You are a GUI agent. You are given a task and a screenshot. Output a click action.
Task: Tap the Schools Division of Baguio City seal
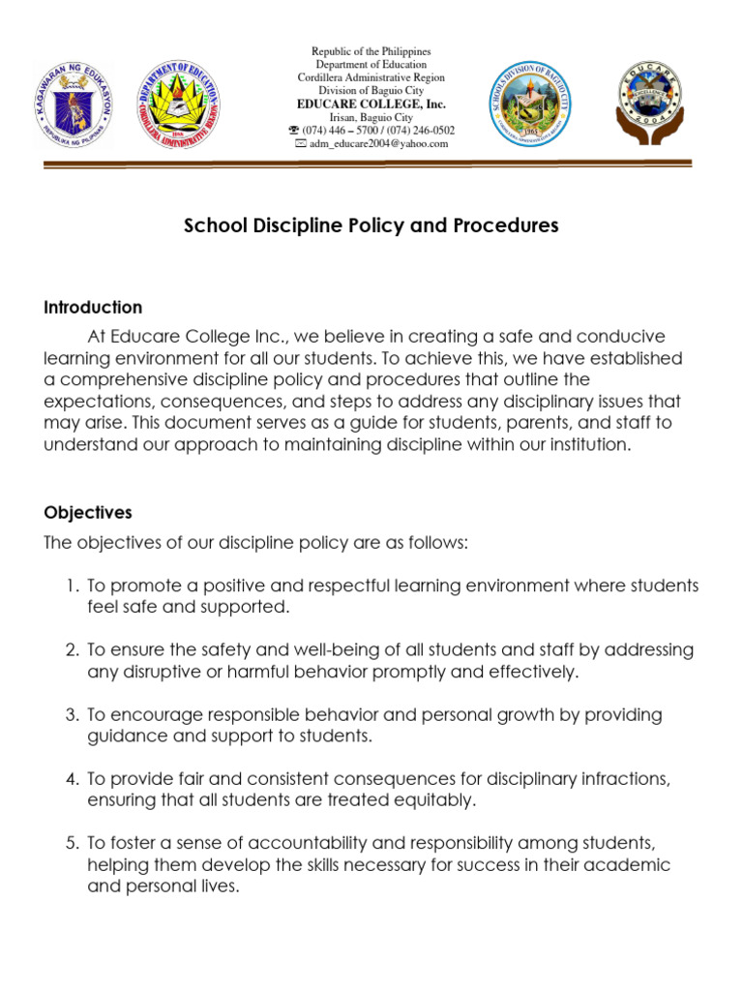tap(535, 104)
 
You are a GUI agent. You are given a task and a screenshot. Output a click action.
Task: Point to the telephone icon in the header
tap(294, 131)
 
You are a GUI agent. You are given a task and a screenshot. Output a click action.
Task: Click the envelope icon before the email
tap(300, 144)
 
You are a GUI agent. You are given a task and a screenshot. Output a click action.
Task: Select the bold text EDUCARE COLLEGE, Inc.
tap(371, 104)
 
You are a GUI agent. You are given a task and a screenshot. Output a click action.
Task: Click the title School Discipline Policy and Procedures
tap(371, 226)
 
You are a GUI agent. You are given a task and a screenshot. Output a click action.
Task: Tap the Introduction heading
tap(93, 308)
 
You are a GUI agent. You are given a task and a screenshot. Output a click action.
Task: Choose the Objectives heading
tap(88, 513)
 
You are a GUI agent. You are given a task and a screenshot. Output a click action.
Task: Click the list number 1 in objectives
tap(72, 586)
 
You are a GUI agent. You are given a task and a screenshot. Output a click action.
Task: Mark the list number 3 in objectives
tap(72, 714)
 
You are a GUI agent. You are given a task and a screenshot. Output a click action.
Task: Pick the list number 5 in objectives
tap(72, 843)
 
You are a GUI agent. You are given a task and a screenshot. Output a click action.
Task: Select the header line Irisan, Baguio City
tap(371, 117)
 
